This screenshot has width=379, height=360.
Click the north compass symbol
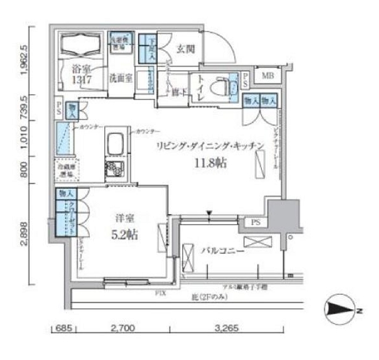[341, 310]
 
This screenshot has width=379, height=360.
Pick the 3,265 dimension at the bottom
[226, 329]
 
